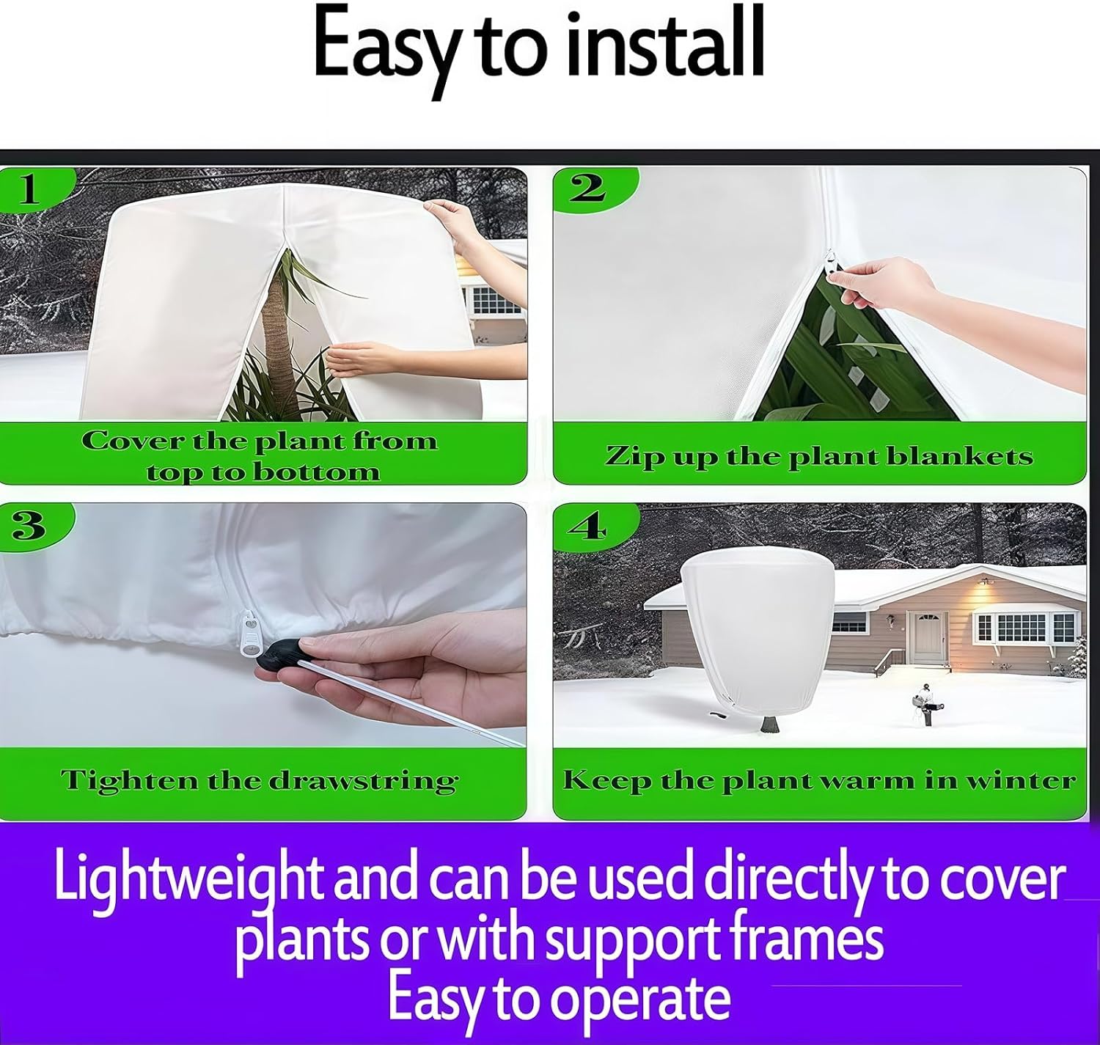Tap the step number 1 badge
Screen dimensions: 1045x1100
[x=29, y=188]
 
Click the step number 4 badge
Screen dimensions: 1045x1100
[x=587, y=525]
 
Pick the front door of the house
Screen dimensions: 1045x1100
[x=928, y=634]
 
